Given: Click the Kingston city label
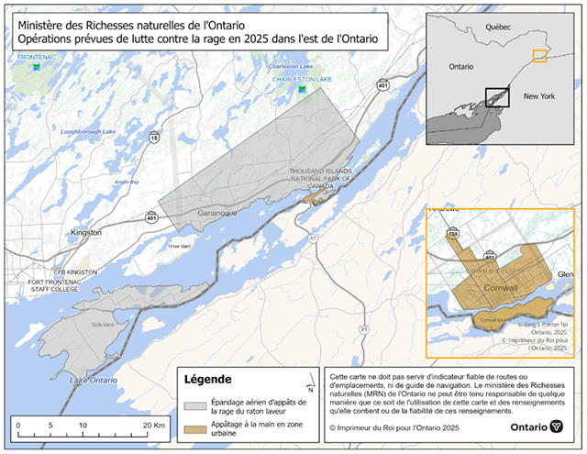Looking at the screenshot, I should coord(86,233).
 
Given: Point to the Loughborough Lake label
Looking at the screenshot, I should coord(88,132).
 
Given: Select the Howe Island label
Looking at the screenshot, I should coord(179,246).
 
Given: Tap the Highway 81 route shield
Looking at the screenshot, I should coord(312,238).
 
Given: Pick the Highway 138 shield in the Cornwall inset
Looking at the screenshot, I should coord(452,234).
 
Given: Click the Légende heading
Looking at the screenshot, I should coord(208,379).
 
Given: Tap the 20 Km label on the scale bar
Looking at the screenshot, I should coord(152,426).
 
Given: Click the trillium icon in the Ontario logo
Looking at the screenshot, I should coord(558,427).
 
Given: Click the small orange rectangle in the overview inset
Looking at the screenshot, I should coord(539,57).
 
